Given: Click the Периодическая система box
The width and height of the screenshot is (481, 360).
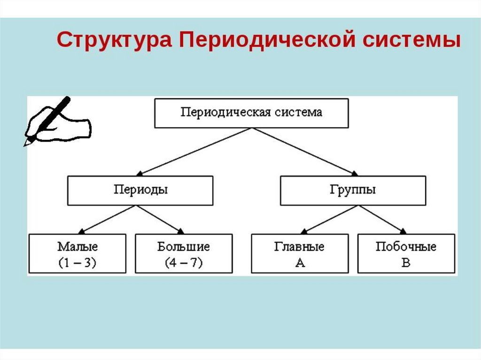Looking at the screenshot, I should (251, 113).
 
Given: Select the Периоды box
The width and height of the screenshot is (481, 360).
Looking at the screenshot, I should (140, 191).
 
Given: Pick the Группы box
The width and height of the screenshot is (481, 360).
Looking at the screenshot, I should (353, 191).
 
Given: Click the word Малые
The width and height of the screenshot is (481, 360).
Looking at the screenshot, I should (78, 247).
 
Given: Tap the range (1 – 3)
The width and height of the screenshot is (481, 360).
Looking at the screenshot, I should (78, 263).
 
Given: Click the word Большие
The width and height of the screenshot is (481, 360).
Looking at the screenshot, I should (184, 247).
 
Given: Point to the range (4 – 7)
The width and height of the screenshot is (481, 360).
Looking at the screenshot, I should (184, 263).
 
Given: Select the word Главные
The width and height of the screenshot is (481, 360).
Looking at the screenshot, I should (299, 247).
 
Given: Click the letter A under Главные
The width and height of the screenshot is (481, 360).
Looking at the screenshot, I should (300, 263).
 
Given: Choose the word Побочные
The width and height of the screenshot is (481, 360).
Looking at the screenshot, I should (406, 247).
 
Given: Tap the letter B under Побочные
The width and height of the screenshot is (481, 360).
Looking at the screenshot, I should (406, 263).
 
